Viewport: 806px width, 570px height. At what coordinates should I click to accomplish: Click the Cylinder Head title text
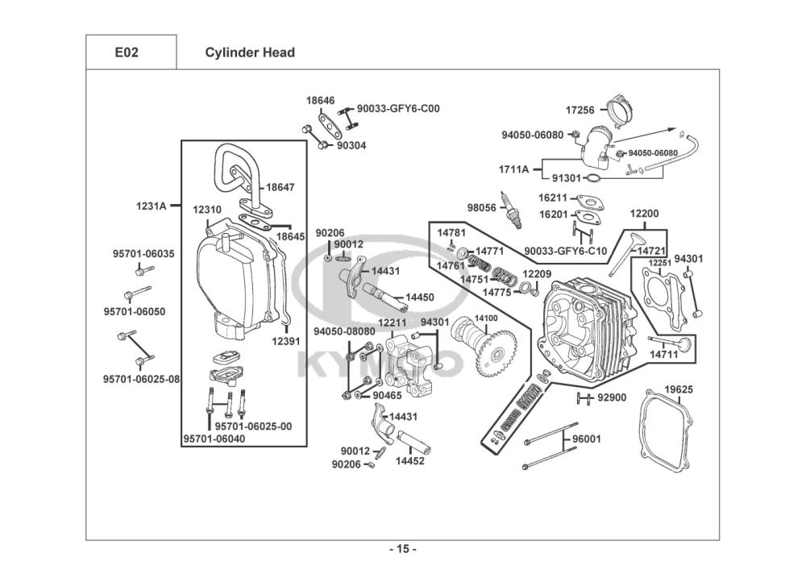[249, 52]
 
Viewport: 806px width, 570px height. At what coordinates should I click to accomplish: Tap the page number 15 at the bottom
[402, 549]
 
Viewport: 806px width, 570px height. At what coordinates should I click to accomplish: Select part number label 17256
[580, 110]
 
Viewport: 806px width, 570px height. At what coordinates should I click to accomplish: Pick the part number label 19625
[678, 389]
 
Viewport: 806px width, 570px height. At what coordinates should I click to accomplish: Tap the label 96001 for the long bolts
[587, 439]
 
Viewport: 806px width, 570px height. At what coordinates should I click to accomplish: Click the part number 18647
[280, 187]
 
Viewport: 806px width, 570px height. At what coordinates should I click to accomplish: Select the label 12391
[285, 341]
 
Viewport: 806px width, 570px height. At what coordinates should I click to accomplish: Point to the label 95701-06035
[143, 254]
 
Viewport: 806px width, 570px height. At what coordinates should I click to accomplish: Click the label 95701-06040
[214, 439]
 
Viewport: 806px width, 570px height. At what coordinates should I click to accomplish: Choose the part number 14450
[419, 297]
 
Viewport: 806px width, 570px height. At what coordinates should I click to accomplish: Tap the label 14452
[410, 462]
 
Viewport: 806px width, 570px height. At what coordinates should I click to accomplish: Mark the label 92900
[612, 397]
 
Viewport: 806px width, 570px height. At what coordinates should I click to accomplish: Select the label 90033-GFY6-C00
[398, 108]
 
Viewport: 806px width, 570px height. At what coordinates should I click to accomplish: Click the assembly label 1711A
[513, 169]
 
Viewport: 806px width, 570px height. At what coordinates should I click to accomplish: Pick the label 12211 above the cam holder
[393, 323]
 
